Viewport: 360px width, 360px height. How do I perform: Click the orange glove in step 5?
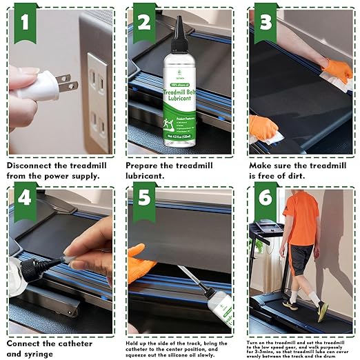139,263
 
